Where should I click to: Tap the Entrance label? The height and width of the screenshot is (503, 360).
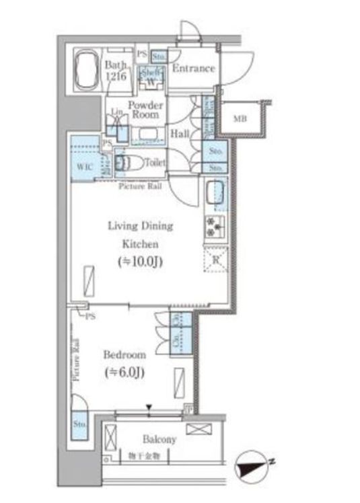point(194,69)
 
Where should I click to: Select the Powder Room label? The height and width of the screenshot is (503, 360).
point(146,110)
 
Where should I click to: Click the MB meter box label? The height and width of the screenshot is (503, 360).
point(240,119)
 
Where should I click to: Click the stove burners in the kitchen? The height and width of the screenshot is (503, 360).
point(215,229)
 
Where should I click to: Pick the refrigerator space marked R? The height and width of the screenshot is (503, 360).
point(215,259)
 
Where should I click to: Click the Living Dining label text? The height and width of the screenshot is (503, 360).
point(141,226)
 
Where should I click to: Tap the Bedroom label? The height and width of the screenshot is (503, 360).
point(124,354)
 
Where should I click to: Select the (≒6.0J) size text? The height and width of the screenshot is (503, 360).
point(124,372)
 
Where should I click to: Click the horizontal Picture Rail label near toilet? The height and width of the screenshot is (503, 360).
point(140,186)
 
